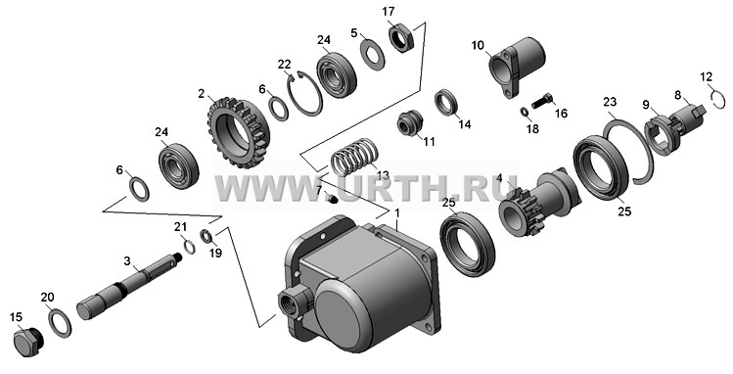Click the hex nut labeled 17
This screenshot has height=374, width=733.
[401, 38]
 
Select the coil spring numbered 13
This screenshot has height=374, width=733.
[354, 157]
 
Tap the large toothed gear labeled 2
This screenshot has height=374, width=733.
[239, 133]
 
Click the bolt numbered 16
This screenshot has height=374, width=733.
[542, 102]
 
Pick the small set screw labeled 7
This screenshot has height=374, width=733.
[332, 200]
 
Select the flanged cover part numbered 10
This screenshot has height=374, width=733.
[516, 67]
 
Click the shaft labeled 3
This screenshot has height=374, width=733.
[128, 286]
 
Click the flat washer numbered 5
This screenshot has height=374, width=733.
[373, 55]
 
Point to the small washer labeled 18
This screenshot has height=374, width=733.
[524, 113]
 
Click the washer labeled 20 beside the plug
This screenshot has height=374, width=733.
[60, 322]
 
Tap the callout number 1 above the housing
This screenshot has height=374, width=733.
[397, 213]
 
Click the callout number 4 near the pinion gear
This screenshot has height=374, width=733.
[499, 178]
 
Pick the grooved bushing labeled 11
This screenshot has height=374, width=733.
[410, 122]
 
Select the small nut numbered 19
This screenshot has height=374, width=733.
[206, 236]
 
